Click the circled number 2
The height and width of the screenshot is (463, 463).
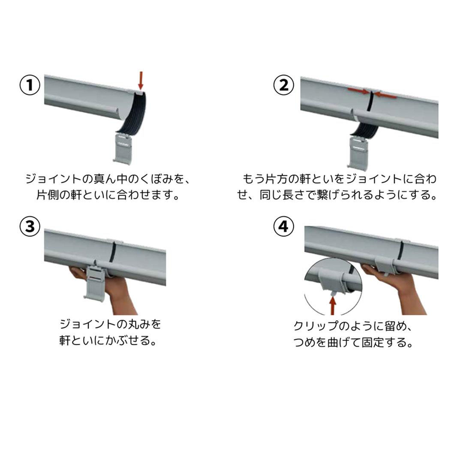pyautogui.click(x=284, y=86)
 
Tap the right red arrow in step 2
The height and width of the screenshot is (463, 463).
pyautogui.click(x=386, y=95)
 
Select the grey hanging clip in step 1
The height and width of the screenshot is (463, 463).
pyautogui.click(x=124, y=147)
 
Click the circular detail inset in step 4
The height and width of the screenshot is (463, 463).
pyautogui.click(x=333, y=285)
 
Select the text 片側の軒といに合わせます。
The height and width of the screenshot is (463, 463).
pyautogui.click(x=107, y=195)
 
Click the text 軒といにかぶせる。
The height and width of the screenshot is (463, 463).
pyautogui.click(x=107, y=341)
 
